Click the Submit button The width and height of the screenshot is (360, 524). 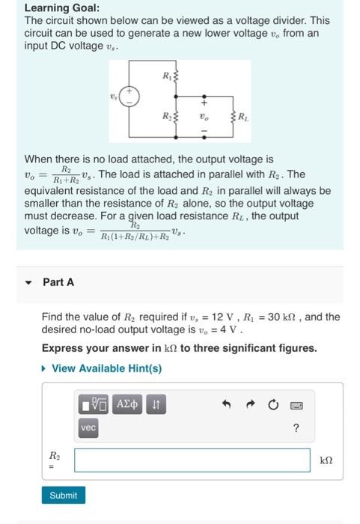(x=63, y=496)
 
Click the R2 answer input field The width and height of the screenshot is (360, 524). (x=192, y=460)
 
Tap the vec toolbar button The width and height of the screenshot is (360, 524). (x=88, y=427)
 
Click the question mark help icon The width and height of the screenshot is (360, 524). (x=296, y=428)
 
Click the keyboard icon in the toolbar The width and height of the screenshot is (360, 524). (x=296, y=405)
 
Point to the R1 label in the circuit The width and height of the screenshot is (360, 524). (x=165, y=76)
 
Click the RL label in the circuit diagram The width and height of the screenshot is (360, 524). (x=245, y=118)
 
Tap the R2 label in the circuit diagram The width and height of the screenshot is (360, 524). (x=166, y=117)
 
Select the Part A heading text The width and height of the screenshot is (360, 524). (x=58, y=282)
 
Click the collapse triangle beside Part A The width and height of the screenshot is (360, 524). (x=29, y=283)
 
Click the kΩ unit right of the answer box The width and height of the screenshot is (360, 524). (x=326, y=460)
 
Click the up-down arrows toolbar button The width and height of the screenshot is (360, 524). (x=155, y=405)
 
